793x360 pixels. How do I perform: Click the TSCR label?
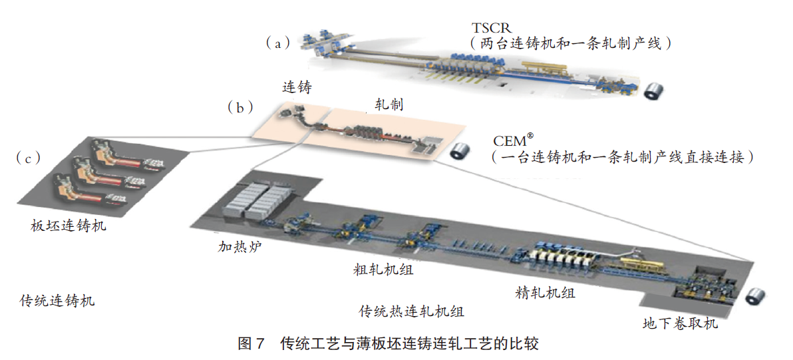point(493,28)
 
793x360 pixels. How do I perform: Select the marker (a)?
point(278,43)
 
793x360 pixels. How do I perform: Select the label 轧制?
point(388,104)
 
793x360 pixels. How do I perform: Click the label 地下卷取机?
point(680,324)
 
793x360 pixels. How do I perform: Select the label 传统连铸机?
point(57,301)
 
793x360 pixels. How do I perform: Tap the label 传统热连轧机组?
point(412,311)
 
